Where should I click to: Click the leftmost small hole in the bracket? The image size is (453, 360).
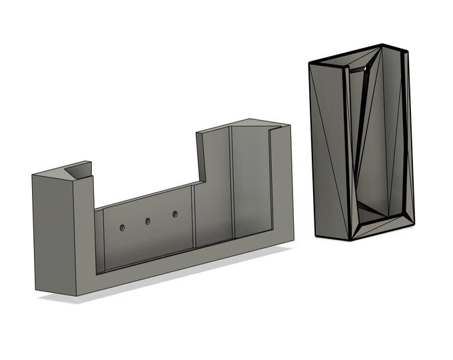[123, 228]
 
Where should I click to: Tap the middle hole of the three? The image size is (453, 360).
[148, 221]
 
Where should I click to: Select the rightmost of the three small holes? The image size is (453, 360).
[175, 214]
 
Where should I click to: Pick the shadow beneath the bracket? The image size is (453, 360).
[167, 280]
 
